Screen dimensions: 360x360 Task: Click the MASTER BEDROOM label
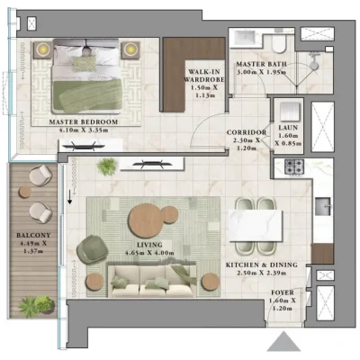point(84,122)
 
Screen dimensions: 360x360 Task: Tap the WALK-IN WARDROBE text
point(204,76)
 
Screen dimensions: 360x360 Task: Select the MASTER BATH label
point(261,64)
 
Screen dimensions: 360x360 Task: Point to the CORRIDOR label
point(247,132)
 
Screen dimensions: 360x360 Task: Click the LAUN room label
point(288,128)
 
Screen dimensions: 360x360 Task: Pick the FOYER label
point(283,292)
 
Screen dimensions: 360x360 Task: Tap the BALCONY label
point(33,236)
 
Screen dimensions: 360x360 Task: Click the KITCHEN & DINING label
point(262,265)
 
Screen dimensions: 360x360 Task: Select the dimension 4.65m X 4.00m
point(149,253)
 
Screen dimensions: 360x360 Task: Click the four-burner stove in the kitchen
point(294,167)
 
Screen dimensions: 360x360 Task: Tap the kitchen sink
point(323,206)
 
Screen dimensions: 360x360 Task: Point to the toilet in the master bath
point(279,43)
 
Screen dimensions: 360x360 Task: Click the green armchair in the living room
point(92,249)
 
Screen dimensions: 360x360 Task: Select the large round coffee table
point(146,220)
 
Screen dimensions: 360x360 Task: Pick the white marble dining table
point(256,226)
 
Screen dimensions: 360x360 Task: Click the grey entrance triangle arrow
point(283,341)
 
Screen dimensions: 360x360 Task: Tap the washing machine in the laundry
point(290,112)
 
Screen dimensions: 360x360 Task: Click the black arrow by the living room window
point(69,197)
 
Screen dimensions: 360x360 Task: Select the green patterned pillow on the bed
point(85,64)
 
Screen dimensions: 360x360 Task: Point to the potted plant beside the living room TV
point(107,166)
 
